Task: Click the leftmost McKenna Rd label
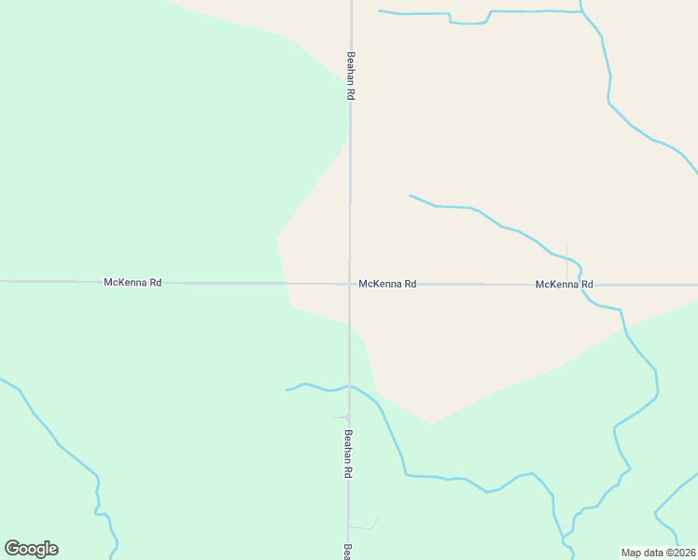[x=133, y=282]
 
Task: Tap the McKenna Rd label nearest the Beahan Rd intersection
[x=387, y=284]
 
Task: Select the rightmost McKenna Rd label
[x=565, y=284]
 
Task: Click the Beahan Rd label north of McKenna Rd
[x=351, y=76]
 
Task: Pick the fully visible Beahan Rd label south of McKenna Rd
[x=348, y=454]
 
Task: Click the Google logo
[x=32, y=549]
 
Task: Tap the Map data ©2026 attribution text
[x=659, y=553]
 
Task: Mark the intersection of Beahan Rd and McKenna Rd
[x=350, y=284]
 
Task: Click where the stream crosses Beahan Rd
[x=349, y=385]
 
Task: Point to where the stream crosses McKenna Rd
[x=582, y=285]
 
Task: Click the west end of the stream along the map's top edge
[x=380, y=11]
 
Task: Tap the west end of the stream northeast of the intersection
[x=411, y=196]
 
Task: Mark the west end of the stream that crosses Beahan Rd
[x=287, y=389]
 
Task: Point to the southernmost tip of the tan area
[x=430, y=424]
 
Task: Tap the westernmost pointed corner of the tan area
[x=277, y=237]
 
